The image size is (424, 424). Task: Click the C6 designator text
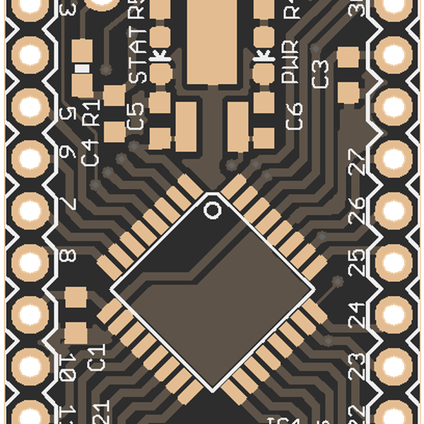(x=294, y=116)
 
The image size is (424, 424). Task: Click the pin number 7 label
(x=69, y=205)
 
